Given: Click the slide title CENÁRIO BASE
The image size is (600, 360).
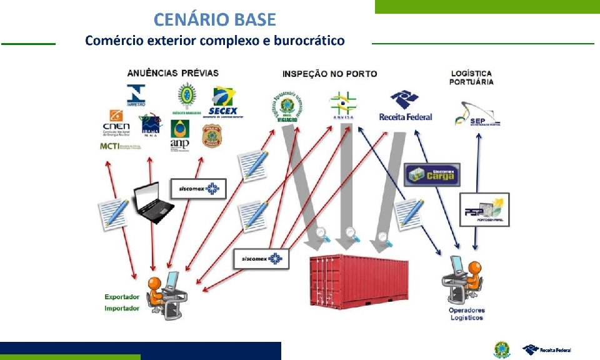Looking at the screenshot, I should [214, 20].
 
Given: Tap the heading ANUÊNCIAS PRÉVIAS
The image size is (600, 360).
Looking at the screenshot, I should [173, 73].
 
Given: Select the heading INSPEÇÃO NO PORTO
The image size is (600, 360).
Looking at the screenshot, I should [329, 74].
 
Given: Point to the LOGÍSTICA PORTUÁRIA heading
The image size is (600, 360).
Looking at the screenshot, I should [472, 77].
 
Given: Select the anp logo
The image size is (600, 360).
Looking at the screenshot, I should [180, 136].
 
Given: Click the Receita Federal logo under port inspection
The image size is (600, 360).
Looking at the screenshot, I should [405, 106].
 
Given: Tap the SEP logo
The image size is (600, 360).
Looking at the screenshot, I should [477, 114].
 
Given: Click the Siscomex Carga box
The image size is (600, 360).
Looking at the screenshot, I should [432, 174].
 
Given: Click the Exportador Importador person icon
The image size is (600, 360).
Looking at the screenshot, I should [162, 292].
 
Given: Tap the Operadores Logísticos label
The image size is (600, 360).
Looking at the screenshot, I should [466, 314].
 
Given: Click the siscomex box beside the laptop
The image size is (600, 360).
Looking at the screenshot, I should [199, 189].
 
